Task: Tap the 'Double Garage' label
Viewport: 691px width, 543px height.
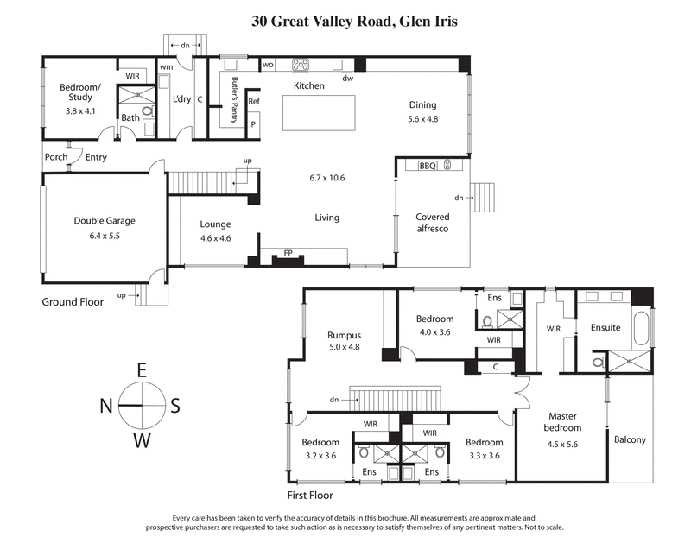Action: pos(104,220)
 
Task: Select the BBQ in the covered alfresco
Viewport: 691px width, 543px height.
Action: pos(428,165)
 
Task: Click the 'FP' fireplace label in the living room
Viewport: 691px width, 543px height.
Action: pos(287,253)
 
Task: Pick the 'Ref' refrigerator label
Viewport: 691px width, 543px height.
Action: pos(253,102)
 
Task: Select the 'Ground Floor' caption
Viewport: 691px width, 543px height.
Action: pos(73,302)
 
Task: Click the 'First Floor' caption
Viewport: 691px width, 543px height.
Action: pos(309,496)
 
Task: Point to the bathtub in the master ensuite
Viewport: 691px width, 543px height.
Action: pos(639,328)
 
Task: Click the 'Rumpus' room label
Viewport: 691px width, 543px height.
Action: pos(343,335)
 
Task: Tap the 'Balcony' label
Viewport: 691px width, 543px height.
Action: pos(630,439)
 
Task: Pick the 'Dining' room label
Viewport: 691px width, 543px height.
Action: pos(423,105)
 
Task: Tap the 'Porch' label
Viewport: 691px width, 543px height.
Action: pos(56,156)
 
